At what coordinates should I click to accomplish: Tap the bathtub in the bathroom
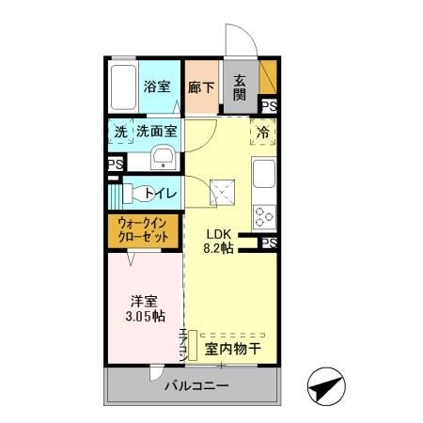click(123, 88)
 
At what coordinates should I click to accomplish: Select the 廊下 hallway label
click(200, 87)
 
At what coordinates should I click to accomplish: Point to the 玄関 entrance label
click(240, 87)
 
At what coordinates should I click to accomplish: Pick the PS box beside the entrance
click(269, 106)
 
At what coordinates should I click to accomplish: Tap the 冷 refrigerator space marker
click(264, 133)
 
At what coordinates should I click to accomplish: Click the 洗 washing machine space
click(120, 133)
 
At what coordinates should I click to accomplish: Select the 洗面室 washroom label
click(157, 133)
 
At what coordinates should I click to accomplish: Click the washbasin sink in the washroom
click(164, 157)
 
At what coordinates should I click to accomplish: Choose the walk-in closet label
click(144, 230)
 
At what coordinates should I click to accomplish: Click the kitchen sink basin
click(264, 174)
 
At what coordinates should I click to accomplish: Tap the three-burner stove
click(264, 215)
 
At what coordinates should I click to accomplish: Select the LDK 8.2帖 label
click(219, 243)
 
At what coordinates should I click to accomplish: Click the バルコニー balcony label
click(194, 385)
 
